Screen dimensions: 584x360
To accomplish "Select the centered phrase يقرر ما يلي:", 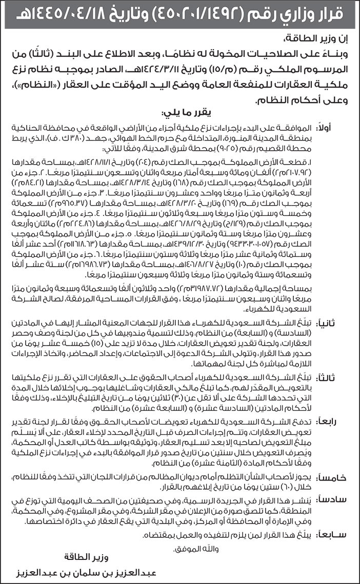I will click(x=181, y=112).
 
